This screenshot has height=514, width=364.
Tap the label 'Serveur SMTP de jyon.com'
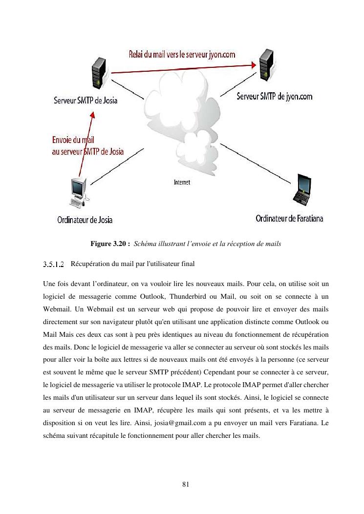274,97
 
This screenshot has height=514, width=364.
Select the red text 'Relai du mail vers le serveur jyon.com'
182,55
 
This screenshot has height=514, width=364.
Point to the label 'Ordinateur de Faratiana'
289,218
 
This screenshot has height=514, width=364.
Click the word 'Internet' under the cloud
182,183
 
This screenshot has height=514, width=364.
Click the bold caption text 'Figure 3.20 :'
110,244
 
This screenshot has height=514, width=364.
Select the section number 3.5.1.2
54,265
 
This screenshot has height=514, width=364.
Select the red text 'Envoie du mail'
73,141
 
